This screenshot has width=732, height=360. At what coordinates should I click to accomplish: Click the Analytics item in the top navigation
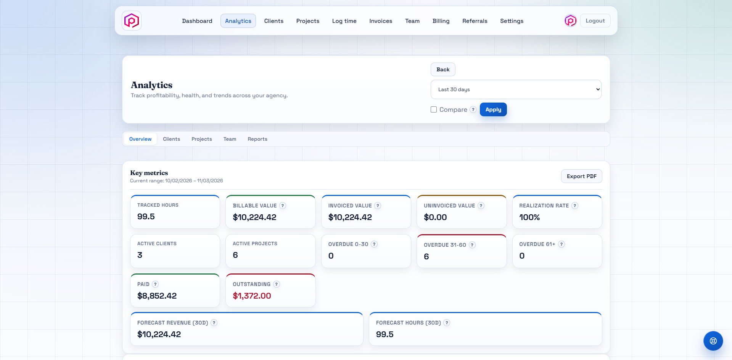click(238, 21)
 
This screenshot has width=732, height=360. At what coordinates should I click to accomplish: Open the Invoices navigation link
click(380, 21)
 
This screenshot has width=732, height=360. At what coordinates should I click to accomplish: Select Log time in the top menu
click(344, 21)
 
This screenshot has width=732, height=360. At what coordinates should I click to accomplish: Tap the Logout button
click(595, 21)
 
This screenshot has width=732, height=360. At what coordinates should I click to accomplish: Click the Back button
click(443, 69)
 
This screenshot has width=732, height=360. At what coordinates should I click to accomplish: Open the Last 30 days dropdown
click(516, 89)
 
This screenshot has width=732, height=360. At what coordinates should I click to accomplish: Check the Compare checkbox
click(434, 109)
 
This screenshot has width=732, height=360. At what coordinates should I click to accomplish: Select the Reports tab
click(257, 139)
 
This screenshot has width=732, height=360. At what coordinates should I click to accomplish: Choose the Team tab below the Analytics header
click(230, 139)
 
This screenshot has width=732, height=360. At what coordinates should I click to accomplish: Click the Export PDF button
click(581, 176)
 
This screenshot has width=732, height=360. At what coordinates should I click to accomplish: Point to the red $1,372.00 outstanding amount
click(252, 296)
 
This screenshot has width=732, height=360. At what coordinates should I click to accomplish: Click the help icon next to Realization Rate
click(575, 206)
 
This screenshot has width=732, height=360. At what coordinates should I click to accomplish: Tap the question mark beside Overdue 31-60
click(472, 245)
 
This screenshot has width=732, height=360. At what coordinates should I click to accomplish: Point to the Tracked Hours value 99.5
click(146, 217)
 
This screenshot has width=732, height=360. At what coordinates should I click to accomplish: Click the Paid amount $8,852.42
click(157, 296)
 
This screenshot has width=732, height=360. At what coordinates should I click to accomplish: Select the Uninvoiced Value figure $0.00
click(435, 217)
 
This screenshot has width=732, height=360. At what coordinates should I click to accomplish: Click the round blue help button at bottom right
click(713, 341)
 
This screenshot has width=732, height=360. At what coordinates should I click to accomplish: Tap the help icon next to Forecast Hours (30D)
click(447, 323)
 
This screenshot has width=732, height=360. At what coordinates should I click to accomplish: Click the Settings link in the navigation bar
click(512, 21)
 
